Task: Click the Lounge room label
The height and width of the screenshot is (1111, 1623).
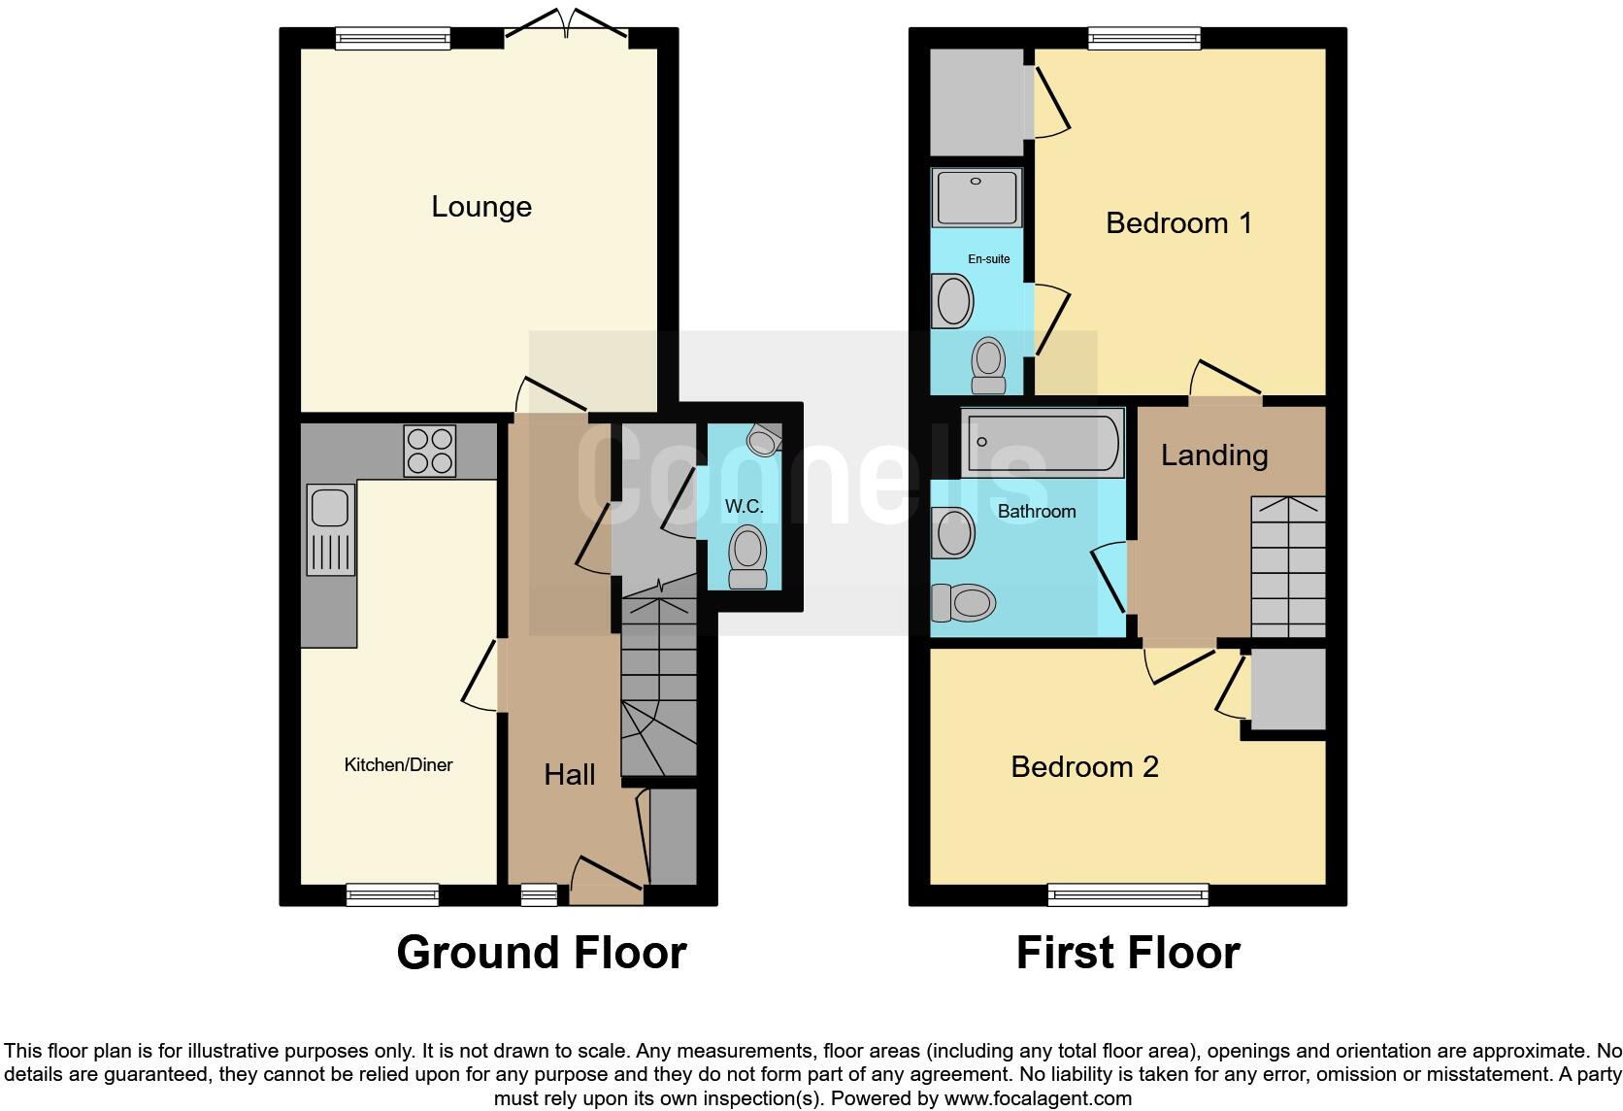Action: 481,207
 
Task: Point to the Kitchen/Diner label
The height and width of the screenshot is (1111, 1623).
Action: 398,765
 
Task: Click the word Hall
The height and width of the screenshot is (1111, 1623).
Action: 570,774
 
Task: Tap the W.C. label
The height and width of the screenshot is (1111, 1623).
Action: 745,507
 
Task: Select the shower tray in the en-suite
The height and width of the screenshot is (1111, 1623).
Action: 977,197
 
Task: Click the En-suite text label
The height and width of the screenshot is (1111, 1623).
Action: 989,259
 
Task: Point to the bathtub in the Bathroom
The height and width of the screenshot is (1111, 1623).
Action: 1042,443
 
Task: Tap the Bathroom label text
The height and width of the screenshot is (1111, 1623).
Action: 1037,512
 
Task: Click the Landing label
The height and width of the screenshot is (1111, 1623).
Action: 1214,455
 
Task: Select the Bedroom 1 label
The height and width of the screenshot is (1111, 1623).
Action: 1178,223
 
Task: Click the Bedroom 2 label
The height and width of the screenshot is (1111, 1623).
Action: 1084,767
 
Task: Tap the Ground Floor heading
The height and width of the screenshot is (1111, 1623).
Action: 542,953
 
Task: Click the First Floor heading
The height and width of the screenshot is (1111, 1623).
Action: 1128,953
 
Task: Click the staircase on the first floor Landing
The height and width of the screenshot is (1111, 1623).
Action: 1287,568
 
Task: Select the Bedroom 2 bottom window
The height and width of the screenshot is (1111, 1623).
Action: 1128,894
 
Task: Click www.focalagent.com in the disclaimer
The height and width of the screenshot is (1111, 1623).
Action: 1037,1099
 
